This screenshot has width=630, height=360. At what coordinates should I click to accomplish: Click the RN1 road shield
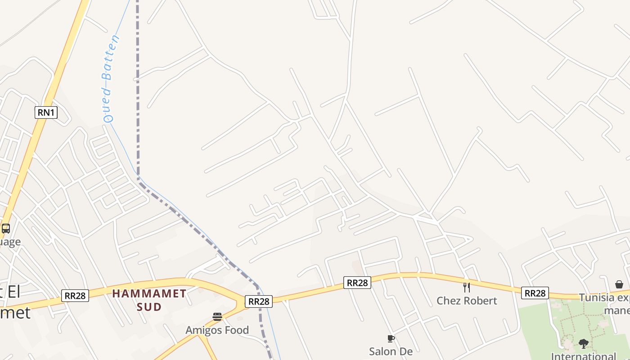[x=46, y=112]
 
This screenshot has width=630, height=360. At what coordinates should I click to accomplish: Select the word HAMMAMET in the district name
[x=149, y=294]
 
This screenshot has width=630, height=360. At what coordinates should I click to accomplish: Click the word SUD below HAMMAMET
[x=149, y=307]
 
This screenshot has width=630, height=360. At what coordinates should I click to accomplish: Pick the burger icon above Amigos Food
[x=217, y=317]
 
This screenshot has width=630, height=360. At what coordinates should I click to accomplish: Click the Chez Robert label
[x=467, y=301]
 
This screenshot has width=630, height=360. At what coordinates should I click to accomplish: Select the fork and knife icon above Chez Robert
[x=467, y=287]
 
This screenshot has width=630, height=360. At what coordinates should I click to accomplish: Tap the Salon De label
[x=391, y=351]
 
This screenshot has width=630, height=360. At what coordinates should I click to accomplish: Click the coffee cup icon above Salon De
[x=391, y=338]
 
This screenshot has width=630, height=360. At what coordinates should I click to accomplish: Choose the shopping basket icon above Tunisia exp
[x=619, y=284]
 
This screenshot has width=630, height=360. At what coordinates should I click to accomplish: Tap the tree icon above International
[x=584, y=344]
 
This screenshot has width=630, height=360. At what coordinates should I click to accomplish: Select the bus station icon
[x=6, y=228]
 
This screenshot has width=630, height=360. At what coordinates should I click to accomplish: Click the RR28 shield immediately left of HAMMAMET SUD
[x=75, y=296]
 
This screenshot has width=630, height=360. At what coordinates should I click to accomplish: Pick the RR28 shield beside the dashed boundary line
[x=259, y=301]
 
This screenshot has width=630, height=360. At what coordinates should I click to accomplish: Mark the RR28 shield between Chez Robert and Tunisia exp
[x=535, y=293]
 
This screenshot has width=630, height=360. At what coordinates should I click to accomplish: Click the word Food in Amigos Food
[x=234, y=330]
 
